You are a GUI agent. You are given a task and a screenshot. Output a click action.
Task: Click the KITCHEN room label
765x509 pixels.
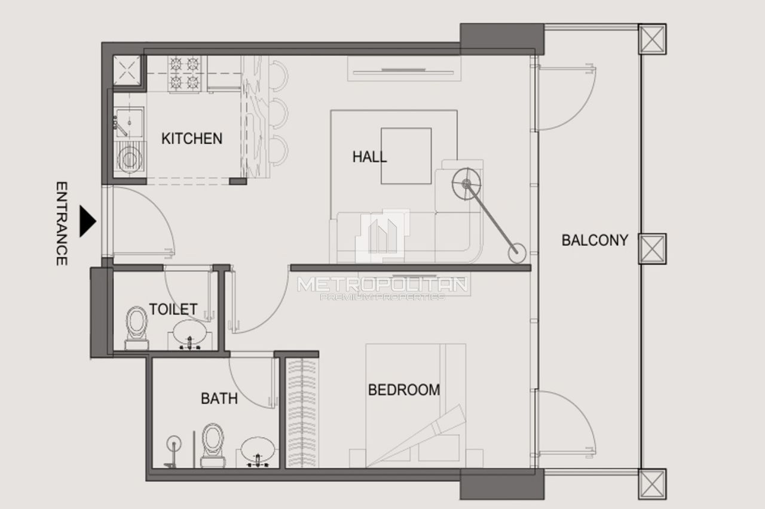pos(192,138)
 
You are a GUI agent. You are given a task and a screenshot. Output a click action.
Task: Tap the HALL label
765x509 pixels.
pos(369,157)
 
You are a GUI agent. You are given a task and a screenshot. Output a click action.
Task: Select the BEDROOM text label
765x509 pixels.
pos(404,390)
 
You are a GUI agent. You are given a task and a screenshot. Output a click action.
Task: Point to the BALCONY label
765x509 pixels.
pos(595,240)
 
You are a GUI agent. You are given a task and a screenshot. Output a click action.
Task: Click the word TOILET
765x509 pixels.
pos(173,309)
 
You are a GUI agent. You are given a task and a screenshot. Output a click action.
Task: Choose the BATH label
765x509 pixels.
pos(219,398)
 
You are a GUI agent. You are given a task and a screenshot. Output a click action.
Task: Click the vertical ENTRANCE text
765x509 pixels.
pos(61,223)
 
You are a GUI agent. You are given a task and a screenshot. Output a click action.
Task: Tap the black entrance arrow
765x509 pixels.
pos(88,222)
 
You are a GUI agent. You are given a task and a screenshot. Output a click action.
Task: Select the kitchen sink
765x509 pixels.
pos(127,123)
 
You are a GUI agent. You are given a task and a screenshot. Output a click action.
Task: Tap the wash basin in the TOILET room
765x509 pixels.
pos(190,334)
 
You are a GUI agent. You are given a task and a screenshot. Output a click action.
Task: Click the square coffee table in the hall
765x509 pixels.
pos(406,156)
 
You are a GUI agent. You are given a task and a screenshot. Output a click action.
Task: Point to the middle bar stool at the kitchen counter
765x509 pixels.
pos(278,112)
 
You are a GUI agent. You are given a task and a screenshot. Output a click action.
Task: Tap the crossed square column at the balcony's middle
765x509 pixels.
pos(652,248)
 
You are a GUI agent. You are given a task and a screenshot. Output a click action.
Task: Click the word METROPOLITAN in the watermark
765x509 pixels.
pos(382,285)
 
